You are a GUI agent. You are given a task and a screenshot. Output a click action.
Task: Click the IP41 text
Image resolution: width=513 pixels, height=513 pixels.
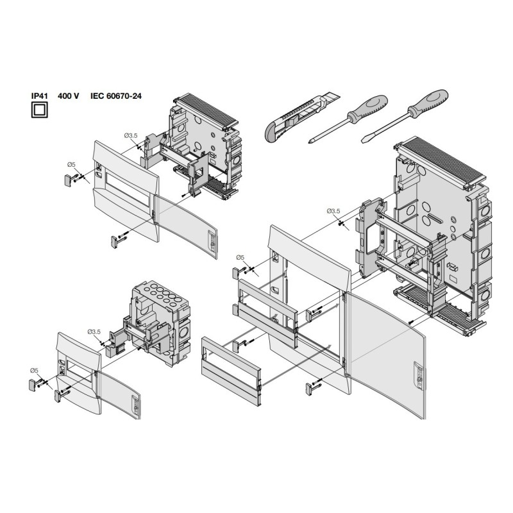[40, 96]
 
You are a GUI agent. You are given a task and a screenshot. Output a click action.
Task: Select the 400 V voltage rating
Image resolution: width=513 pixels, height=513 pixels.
[68, 96]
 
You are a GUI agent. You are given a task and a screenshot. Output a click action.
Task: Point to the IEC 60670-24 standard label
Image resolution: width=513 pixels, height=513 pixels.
[115, 96]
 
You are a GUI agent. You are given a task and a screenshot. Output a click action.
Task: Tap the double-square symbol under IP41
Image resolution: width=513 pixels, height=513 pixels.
[40, 110]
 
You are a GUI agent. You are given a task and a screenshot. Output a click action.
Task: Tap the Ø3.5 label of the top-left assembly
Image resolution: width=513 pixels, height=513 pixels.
[130, 135]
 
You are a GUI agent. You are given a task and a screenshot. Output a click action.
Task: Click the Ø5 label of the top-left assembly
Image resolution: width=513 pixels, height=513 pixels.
[71, 165]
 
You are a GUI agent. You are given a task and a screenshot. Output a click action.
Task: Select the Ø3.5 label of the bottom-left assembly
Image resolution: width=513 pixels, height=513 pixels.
[94, 332]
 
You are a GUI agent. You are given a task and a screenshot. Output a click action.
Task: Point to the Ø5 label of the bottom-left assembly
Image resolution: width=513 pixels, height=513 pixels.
[34, 370]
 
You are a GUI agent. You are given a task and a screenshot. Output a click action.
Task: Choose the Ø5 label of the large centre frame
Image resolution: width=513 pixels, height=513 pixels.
[240, 257]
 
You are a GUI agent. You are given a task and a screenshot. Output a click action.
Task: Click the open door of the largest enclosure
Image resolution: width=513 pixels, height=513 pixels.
[385, 353]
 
